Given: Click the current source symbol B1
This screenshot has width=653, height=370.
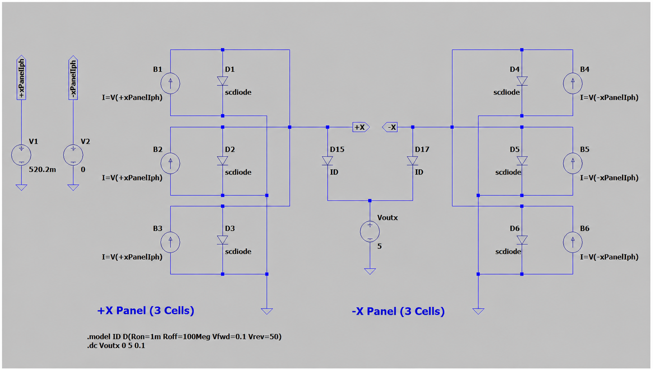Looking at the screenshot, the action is coord(170,83).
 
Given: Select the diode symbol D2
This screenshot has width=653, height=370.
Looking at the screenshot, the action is coord(222,161).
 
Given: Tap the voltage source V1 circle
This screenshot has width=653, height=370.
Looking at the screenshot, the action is coord(21,155).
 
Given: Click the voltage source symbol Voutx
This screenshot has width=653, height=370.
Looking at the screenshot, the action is coord(370,232).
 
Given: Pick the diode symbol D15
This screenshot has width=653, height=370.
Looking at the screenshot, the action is coord(327,161).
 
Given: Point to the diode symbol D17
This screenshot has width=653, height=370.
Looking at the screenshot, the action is coord(412,161).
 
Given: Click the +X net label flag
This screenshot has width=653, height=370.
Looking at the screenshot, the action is coord(361,127).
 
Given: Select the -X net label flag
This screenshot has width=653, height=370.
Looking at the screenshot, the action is coord(390,127).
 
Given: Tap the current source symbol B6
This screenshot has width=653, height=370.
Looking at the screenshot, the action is coord(573,242).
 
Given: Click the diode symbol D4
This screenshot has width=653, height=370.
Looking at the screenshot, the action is coord(522,81).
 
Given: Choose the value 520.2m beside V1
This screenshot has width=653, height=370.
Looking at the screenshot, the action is coord(42,169).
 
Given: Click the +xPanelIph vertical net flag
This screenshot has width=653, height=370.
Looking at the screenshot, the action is coord(21,78).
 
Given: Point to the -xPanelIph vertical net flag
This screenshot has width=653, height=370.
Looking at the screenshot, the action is coord(73,78).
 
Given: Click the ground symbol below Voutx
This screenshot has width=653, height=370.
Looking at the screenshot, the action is coord(370,271).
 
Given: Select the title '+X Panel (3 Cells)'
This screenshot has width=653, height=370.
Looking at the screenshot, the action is coord(146,310).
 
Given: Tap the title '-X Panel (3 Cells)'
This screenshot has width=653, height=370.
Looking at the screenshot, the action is coord(398,311).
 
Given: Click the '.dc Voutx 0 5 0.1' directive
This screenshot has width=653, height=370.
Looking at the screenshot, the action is coord(116,346).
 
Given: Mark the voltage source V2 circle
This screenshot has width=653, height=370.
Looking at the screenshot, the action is coord(73,155).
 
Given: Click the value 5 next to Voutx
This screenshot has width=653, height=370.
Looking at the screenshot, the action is coord(379,247).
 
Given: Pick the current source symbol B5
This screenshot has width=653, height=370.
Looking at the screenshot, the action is coord(573,163).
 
